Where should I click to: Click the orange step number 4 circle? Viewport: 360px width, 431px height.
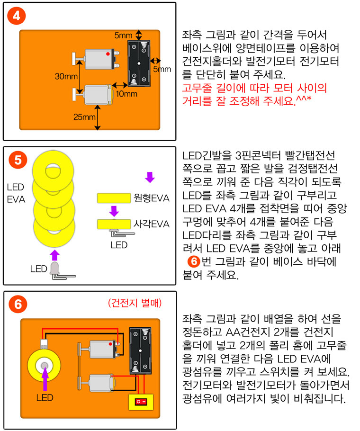coord(16,15)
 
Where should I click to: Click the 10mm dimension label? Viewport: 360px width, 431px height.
coord(126,94)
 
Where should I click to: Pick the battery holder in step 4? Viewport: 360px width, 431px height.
coord(138,63)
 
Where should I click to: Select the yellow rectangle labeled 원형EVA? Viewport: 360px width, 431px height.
coord(114,198)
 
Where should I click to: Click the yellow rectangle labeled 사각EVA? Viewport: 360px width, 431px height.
coord(114,223)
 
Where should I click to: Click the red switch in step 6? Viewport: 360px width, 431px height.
coord(141,402)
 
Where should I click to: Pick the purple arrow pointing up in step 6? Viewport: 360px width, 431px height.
coord(45,378)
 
